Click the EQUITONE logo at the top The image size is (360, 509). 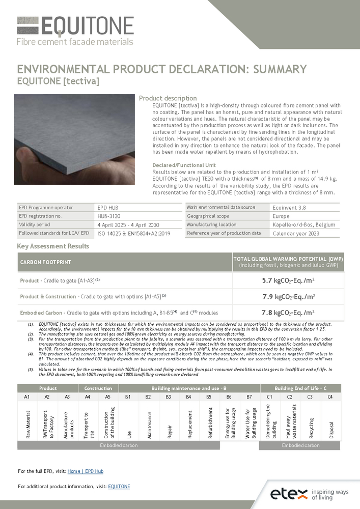[75, 31]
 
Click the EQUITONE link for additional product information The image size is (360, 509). [119, 487]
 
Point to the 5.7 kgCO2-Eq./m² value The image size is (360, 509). [288, 280]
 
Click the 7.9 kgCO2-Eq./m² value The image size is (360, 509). [288, 296]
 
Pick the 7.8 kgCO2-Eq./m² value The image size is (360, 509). [288, 313]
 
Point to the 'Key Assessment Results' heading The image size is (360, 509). [53, 246]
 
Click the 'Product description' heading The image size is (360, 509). [168, 98]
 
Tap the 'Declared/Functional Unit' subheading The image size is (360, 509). [184, 165]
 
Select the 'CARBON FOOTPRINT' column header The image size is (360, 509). [45, 262]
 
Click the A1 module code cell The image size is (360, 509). [27, 397]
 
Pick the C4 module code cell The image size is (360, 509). [330, 397]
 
